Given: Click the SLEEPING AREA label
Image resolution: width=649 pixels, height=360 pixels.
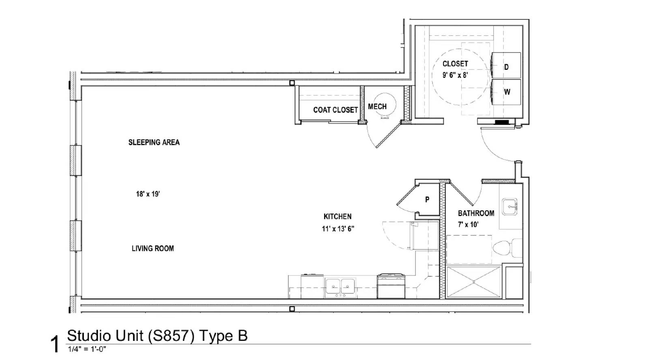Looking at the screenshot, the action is pos(154,142).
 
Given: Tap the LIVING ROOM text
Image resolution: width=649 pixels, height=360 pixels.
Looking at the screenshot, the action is pos(153,248).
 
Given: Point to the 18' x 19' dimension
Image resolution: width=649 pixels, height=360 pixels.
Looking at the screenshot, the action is pos(148,194).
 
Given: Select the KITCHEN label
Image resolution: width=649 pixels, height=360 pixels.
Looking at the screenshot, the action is pos(337,216).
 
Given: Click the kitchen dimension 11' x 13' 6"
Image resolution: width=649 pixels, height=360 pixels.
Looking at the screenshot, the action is pos(338,229).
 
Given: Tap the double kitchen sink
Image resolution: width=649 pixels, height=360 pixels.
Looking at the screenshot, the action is pos(340,287).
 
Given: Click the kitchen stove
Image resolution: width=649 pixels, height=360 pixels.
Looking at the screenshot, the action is pos(391,286).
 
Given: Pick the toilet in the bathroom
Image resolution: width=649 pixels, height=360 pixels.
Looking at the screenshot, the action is pos(507,248).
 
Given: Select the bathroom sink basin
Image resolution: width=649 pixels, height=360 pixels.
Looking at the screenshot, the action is pos(509,207).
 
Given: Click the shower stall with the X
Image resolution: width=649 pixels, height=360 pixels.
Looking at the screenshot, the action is pos(474,282).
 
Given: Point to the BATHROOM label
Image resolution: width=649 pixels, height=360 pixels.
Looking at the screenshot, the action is pos(476,213).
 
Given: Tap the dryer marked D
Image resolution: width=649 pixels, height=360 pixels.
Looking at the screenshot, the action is pos(506,65).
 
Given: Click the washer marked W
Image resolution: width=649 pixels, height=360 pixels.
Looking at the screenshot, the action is pos(506,92).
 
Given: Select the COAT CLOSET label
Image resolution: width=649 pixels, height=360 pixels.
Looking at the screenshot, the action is pos(335,110).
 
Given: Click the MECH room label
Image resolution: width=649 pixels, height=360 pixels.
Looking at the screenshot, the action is pos(377,107).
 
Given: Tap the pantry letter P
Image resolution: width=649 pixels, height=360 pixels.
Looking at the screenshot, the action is pos(427,199).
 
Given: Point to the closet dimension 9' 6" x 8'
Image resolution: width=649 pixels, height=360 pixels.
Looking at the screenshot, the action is pos(455,75).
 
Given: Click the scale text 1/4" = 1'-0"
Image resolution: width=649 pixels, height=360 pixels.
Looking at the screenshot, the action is pos(87,349).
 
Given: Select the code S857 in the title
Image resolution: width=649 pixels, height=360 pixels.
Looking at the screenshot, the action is pos(171,336).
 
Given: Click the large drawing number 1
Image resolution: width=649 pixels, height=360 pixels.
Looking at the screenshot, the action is pos(54,344).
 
